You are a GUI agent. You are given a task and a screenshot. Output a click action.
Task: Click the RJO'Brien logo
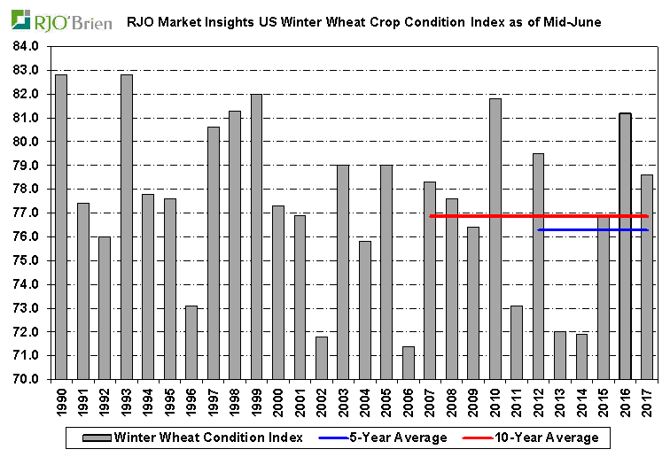pos(61,20)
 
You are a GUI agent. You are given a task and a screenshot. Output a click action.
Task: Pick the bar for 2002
pos(322,358)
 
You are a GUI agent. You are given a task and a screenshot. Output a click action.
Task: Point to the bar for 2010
pos(495,238)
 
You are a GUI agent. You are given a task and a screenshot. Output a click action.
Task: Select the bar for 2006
pos(409,362)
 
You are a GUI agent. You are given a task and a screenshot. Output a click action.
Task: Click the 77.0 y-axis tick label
pos(27,213)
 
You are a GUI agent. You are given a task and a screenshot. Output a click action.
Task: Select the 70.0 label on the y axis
pos(27,379)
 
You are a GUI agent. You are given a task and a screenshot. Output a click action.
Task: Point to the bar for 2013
pos(560,355)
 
